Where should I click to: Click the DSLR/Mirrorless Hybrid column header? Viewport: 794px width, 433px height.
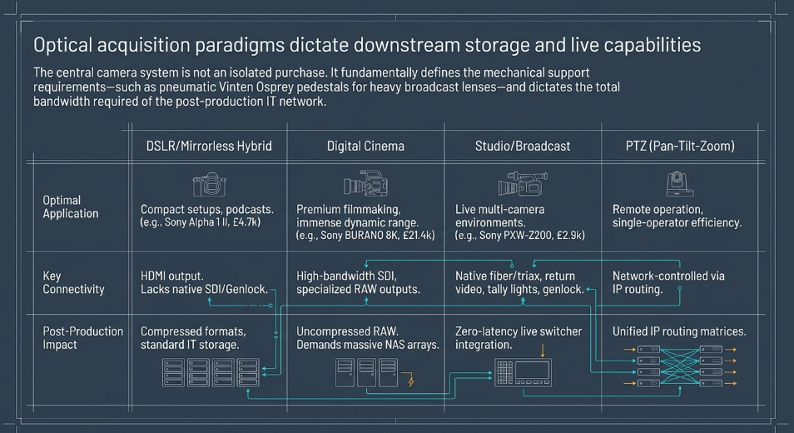coord(209,147)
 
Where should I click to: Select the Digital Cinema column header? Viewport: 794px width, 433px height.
coord(365,147)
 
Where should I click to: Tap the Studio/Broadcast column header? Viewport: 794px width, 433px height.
coord(523,147)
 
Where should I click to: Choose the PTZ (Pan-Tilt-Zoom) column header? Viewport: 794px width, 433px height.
coord(680,147)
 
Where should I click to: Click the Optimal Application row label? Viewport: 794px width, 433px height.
coord(71,207)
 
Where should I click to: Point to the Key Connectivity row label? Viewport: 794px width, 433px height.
coord(73,282)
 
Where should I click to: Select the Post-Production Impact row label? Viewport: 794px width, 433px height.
coord(82,338)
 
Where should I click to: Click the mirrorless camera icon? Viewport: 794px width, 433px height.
coord(209,184)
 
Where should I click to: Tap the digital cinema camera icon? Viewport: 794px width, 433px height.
coord(365,183)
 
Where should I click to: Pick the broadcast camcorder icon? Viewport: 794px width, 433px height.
coord(523,183)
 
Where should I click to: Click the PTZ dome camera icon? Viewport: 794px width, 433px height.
coord(679,184)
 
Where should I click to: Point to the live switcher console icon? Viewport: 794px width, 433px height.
coord(523,372)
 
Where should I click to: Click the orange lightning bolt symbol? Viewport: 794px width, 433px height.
coord(410,380)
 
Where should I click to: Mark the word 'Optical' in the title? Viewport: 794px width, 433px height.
coord(62,46)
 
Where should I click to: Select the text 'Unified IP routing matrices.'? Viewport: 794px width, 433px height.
coord(679,331)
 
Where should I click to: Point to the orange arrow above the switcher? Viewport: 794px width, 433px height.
coord(543,351)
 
